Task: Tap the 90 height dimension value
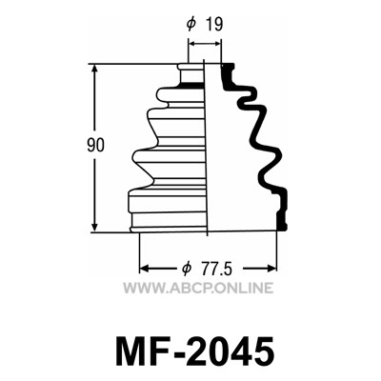click(x=95, y=146)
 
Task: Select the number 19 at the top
click(x=214, y=24)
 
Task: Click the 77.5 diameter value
click(x=217, y=270)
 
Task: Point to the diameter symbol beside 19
click(x=190, y=24)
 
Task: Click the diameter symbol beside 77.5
click(x=187, y=270)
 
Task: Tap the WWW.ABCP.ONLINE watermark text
click(x=198, y=288)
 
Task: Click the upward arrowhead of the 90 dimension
click(x=94, y=70)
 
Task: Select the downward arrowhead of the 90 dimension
click(x=94, y=227)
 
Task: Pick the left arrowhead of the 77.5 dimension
click(x=145, y=269)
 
